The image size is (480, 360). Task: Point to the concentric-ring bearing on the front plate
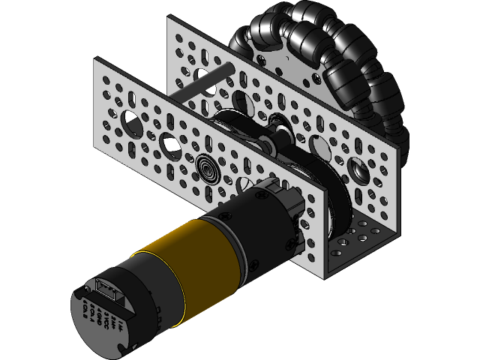208,168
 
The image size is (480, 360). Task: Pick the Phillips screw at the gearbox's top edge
261,196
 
